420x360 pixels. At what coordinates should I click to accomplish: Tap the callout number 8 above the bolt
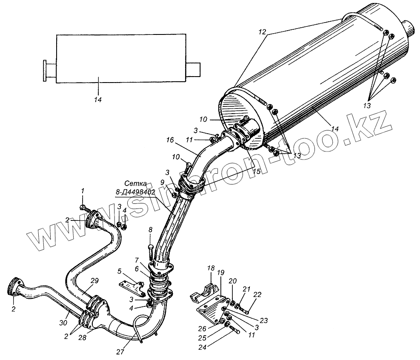(150, 230)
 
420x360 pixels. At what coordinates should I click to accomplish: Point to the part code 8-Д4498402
(135, 192)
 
